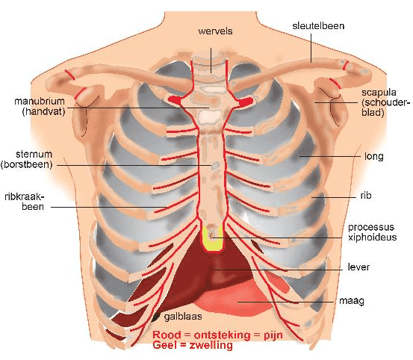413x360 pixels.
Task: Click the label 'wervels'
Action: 215,31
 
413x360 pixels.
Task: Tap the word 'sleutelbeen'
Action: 318,26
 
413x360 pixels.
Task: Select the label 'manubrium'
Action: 40,101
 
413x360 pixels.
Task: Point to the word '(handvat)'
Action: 43,111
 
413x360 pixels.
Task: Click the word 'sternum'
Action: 34,154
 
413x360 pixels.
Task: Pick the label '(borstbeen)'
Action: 27,164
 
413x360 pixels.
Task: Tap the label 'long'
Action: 373,157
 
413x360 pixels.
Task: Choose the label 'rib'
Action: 366,196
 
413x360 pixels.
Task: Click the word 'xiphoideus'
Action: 372,238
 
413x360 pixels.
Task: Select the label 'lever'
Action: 358,267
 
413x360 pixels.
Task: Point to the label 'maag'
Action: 352,301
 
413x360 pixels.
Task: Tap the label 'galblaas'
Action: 183,316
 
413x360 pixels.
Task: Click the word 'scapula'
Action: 379,93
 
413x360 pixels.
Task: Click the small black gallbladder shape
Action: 155,317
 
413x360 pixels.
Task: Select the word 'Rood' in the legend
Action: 167,335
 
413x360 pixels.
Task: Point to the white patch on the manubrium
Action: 210,117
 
